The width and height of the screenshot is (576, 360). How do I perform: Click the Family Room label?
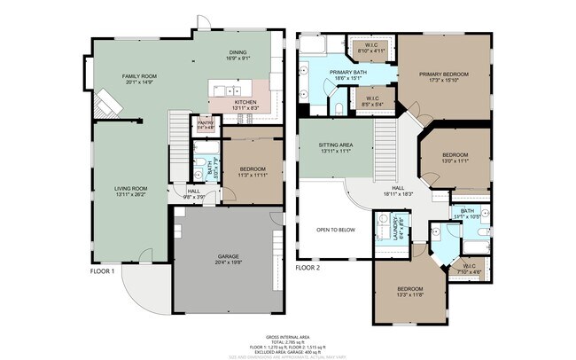coord(138,79)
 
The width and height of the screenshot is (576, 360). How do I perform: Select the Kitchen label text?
coord(245,105)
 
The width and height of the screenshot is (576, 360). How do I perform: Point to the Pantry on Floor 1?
coord(206,125)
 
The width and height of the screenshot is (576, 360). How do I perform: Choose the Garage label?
coord(228,259)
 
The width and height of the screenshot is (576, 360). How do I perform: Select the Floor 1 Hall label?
coord(193,192)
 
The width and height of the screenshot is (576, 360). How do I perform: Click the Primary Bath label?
coord(347,74)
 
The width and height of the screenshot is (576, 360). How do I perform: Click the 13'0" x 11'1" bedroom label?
coord(455,158)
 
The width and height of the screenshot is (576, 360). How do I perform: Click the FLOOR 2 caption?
coord(307,267)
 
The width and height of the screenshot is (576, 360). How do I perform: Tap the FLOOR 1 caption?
coord(102,270)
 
